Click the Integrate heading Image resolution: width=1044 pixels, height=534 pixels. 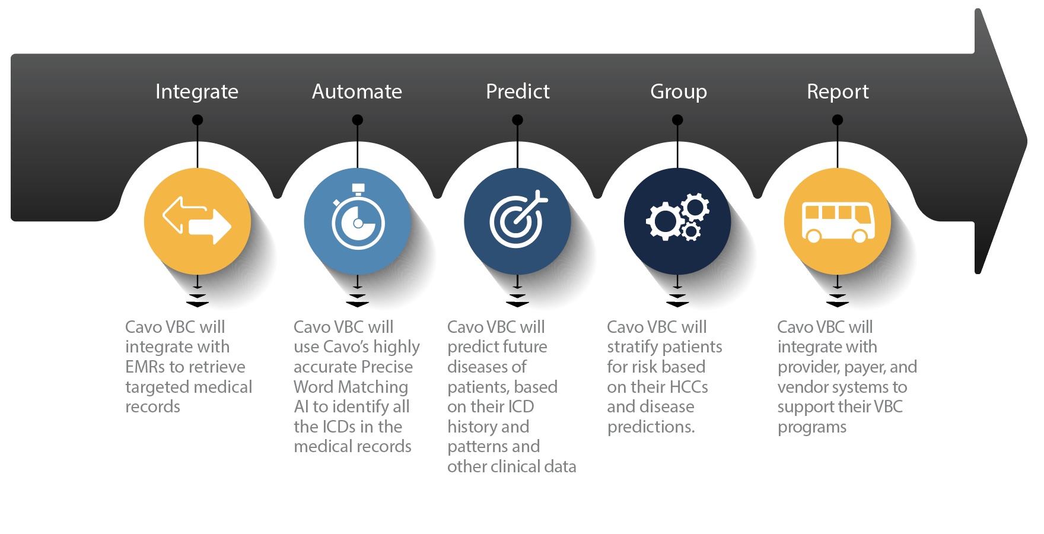(x=197, y=92)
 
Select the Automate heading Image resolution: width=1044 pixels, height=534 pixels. (x=357, y=91)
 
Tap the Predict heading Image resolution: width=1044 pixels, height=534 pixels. (x=518, y=91)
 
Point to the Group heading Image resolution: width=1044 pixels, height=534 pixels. (x=679, y=93)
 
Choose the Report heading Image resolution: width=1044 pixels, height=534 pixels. (x=838, y=93)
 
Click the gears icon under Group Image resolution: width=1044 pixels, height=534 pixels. (x=677, y=217)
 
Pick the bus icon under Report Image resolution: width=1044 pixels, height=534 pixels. (x=838, y=222)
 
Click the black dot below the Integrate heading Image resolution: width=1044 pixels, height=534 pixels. (x=198, y=120)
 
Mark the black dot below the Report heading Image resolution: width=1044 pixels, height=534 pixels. (x=838, y=120)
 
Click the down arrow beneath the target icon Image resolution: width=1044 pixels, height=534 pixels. (x=517, y=291)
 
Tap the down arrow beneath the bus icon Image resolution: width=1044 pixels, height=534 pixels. (x=838, y=291)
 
